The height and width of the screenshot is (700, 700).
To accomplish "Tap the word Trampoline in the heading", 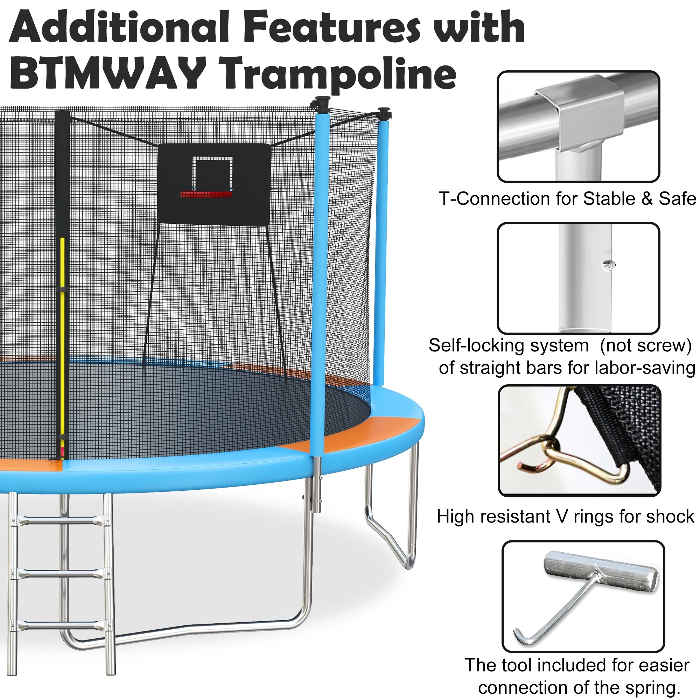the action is coord(338,75).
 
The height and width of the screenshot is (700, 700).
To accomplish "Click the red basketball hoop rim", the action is coord(206,194).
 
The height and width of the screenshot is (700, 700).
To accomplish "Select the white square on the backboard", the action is coord(212,173).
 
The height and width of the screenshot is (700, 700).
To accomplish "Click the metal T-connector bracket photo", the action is coord(579,126).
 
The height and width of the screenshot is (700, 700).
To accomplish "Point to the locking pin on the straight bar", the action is coord(609,265).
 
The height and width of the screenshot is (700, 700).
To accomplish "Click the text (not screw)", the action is coord(646,346).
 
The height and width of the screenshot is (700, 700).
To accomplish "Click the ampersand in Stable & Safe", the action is coord(647,199).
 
